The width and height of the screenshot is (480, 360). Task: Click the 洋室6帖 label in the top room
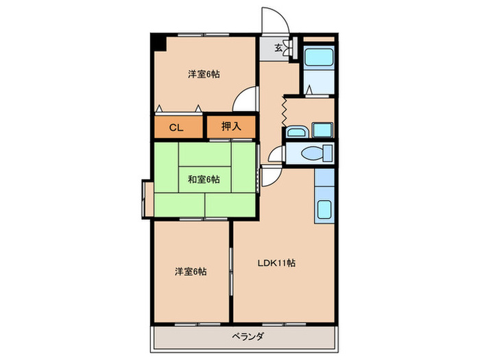204,74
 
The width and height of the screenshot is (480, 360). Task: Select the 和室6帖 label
204,180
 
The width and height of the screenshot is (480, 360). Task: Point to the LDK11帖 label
276,262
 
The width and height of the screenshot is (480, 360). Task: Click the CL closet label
176,127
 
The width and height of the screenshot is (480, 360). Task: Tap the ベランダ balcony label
245,336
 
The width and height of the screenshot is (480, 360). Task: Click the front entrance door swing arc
274,21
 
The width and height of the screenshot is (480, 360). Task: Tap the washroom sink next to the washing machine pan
297,131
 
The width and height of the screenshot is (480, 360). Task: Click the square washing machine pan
321,130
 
